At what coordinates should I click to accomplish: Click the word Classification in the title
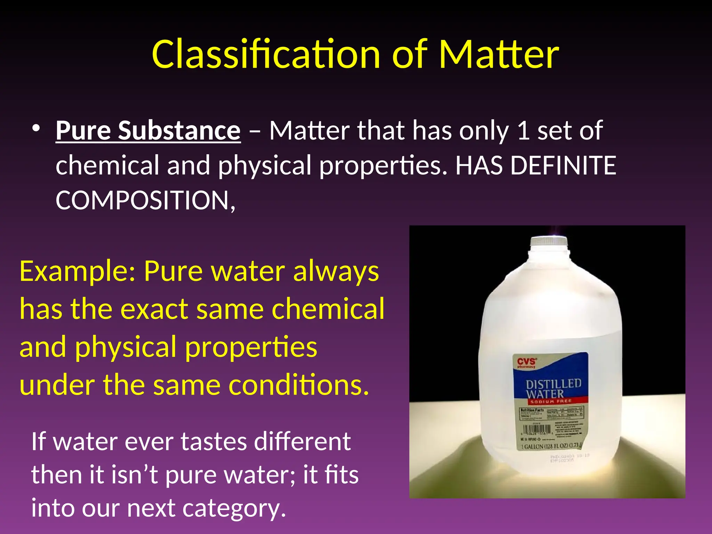pyautogui.click(x=266, y=55)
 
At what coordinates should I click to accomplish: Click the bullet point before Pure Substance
pyautogui.click(x=36, y=128)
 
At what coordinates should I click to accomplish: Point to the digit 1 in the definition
pyautogui.click(x=523, y=131)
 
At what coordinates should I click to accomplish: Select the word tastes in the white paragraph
pyautogui.click(x=213, y=442)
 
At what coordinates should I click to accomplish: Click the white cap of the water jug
pyautogui.click(x=549, y=241)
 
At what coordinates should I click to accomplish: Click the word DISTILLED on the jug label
pyautogui.click(x=553, y=384)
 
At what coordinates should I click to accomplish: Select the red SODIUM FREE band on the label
pyautogui.click(x=550, y=401)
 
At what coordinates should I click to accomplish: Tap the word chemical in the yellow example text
pyautogui.click(x=328, y=309)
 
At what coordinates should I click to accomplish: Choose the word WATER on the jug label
pyautogui.click(x=544, y=394)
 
